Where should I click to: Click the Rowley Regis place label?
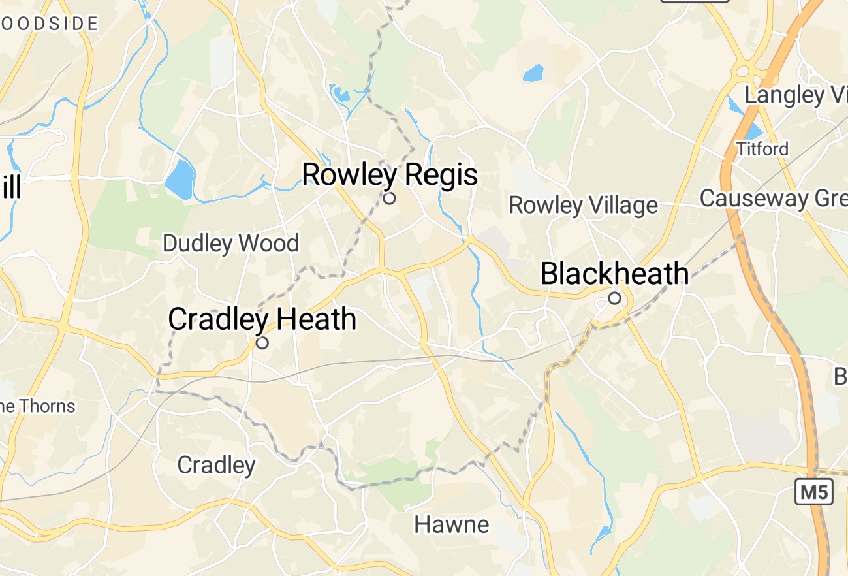[390, 175]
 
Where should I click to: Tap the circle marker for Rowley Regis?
[390, 198]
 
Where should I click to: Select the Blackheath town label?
[614, 274]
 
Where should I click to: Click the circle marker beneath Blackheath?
[614, 298]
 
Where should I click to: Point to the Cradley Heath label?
[262, 319]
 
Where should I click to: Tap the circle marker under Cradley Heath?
[262, 343]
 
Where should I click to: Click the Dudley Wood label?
[230, 244]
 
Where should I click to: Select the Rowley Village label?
[583, 205]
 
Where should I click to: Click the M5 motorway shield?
[814, 492]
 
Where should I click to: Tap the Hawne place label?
[452, 524]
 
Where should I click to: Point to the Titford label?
[762, 149]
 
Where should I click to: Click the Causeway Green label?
[774, 198]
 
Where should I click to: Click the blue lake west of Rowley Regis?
[180, 178]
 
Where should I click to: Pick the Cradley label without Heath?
[216, 465]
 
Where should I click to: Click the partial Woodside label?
[49, 24]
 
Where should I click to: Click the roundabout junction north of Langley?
[743, 71]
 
